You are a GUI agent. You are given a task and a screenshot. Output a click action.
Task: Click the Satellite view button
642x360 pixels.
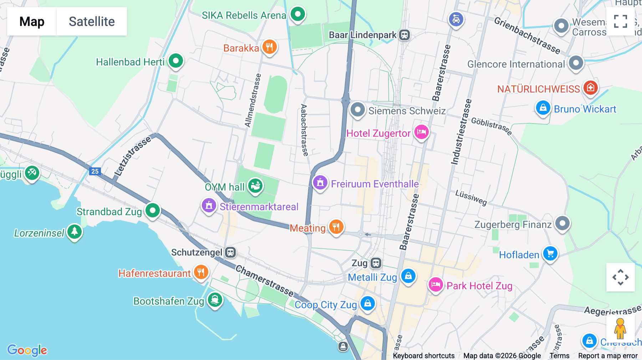[x=92, y=21]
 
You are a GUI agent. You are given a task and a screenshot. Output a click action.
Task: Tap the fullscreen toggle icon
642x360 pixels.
[x=620, y=21]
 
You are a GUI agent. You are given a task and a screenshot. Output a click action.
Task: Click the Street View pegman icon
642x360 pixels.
[x=620, y=328]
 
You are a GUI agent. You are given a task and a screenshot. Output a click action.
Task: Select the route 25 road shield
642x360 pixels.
[x=95, y=171]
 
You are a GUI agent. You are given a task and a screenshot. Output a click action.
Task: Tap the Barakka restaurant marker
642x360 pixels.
[x=269, y=47]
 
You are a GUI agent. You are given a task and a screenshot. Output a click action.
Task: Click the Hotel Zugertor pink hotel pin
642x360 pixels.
[x=421, y=132]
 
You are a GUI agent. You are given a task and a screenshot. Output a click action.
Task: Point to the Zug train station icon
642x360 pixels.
[x=376, y=263]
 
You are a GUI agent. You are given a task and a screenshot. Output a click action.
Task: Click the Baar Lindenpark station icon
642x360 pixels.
[x=404, y=35]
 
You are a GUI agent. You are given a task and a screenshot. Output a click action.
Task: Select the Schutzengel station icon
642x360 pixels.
[x=230, y=252]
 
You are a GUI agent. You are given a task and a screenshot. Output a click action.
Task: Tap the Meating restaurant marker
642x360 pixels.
[x=336, y=227]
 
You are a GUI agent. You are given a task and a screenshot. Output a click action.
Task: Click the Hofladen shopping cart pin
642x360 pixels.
[x=550, y=253]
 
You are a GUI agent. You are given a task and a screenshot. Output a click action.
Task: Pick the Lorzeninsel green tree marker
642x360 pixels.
[x=75, y=232]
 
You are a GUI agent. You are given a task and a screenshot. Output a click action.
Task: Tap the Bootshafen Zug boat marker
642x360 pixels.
[x=215, y=300]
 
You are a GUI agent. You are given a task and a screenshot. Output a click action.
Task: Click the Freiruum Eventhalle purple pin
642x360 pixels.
[x=320, y=183]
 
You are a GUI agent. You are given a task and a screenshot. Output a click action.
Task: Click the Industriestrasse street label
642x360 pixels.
[x=461, y=132]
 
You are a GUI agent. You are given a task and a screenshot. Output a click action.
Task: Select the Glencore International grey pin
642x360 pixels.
[x=576, y=63]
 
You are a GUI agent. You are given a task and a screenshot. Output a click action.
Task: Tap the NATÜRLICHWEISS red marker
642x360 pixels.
[x=590, y=88]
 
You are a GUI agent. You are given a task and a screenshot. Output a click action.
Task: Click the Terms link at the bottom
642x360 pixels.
[x=559, y=355]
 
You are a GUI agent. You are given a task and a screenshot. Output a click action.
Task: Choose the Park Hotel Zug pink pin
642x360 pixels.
[x=435, y=285]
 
